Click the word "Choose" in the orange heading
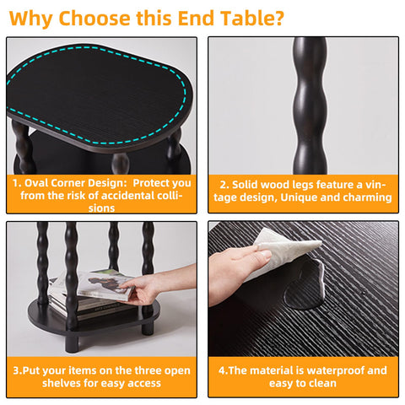[94, 19]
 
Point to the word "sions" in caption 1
[101, 208]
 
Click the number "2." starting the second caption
[224, 185]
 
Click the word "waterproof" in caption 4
[331, 370]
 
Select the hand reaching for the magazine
[158, 285]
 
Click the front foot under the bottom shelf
[72, 343]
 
